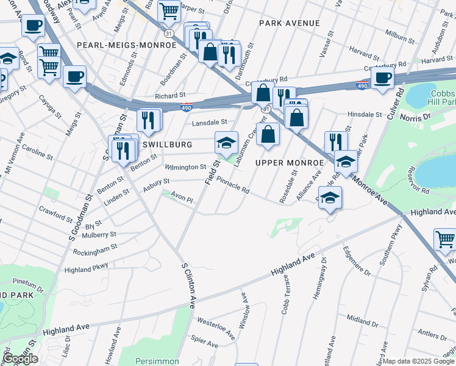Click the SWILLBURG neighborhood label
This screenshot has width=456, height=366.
(167, 145)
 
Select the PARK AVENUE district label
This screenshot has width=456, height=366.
(289, 23)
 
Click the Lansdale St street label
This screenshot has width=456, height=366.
(209, 123)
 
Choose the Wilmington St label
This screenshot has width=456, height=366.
(185, 167)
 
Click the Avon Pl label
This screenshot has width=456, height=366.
(181, 198)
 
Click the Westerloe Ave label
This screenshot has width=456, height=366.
(216, 327)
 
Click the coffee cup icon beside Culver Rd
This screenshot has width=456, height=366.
(382, 77)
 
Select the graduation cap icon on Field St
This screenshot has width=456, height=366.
(226, 143)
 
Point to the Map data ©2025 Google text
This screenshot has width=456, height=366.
(418, 361)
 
